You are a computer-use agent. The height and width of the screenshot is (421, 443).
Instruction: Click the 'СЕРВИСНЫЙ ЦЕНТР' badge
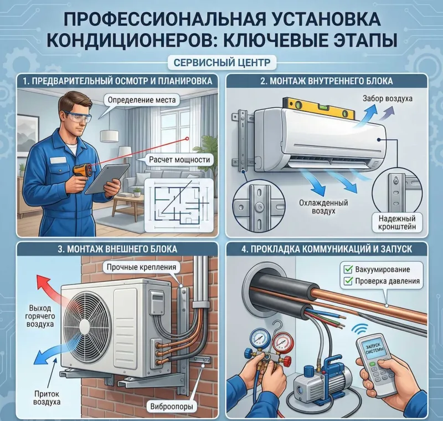pos(222,63)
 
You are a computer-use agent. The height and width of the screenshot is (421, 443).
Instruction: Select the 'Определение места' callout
pos(142,100)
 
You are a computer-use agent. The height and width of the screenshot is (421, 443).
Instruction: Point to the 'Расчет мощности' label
pos(179,160)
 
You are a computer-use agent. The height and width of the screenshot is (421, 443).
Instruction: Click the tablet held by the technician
pos(107,179)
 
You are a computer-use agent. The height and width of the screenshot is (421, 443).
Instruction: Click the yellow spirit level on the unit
pos(320,108)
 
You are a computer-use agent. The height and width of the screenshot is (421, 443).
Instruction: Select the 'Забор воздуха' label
pos(387,99)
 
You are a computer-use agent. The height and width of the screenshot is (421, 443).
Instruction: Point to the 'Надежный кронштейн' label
pos(397,222)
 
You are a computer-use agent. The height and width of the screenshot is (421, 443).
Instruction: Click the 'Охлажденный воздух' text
pos(323,207)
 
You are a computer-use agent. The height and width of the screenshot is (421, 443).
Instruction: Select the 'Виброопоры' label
pos(172,407)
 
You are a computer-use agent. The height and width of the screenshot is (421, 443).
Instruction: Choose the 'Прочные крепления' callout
pos(141,267)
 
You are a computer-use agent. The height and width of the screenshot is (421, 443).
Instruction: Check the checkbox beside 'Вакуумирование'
pos(348,269)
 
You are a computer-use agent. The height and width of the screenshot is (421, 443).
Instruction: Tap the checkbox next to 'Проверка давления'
pos(348,281)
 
